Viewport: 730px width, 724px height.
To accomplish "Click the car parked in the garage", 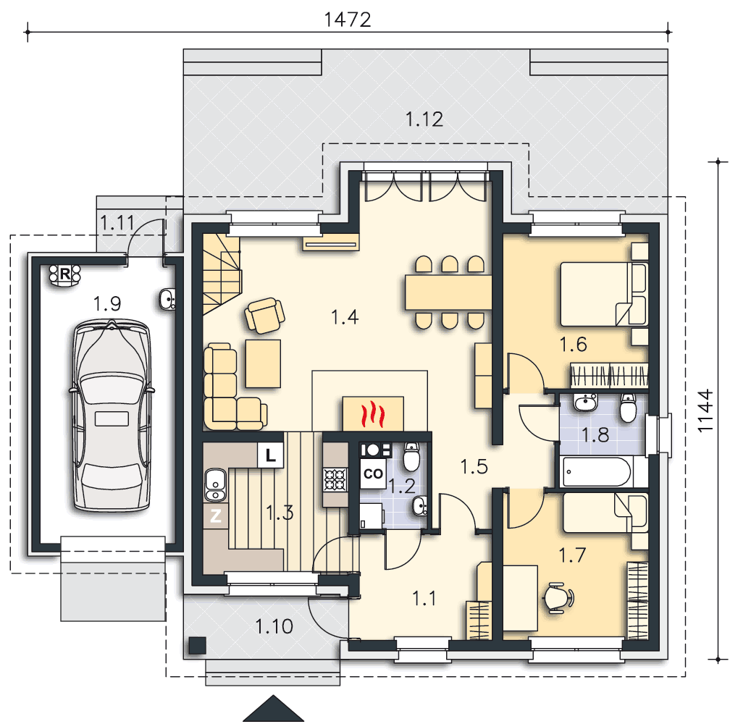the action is (112, 414).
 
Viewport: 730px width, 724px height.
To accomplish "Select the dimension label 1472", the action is (348, 20).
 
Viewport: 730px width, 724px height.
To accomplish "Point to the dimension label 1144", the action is (706, 411).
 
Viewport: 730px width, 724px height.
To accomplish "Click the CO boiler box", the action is (373, 474).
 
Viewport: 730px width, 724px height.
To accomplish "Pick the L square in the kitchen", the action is (271, 455).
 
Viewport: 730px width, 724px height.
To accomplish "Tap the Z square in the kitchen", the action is (216, 515).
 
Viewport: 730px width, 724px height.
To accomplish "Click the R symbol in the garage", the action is (64, 274).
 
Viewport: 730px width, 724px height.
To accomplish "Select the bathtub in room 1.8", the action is (597, 472).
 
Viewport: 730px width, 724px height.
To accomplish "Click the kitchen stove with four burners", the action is (336, 480).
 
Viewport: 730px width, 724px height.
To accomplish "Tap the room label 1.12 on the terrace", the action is (424, 119).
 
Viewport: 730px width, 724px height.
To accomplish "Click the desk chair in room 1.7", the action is (558, 597).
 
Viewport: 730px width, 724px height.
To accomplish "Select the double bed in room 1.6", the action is (603, 294).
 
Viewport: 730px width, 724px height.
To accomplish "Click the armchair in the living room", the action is (264, 316).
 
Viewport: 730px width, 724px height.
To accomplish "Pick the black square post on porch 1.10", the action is (198, 645).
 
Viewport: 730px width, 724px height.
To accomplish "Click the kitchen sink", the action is (215, 484).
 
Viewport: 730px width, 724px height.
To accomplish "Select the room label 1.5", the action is (474, 466).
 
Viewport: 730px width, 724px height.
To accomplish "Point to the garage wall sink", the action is (167, 299).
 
